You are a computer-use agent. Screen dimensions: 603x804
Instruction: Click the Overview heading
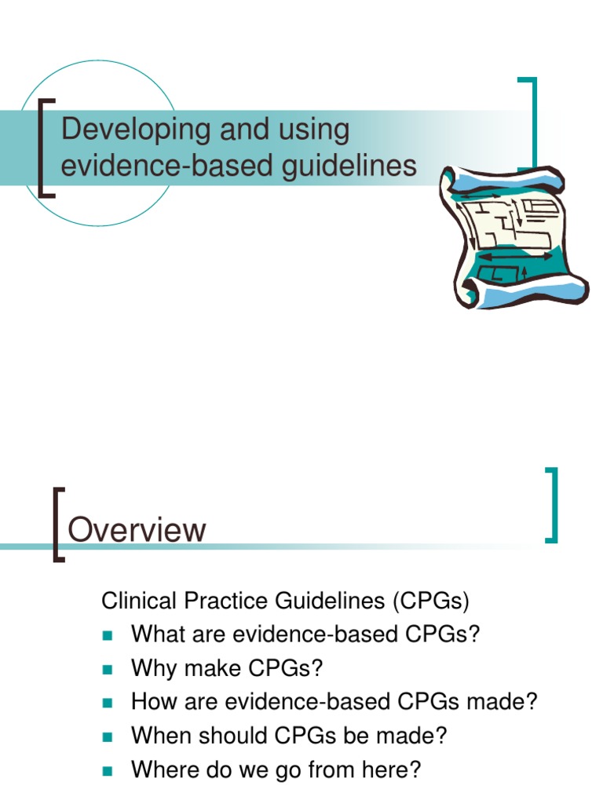point(137,530)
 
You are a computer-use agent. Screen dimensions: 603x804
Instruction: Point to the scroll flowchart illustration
point(513,236)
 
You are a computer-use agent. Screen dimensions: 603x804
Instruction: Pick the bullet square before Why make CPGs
point(107,669)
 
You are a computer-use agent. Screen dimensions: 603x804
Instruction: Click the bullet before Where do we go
point(107,771)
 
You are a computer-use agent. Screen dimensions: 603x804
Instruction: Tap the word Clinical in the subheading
point(138,601)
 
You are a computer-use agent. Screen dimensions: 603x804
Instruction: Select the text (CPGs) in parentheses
point(431,601)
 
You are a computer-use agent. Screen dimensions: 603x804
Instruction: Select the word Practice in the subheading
point(225,601)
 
